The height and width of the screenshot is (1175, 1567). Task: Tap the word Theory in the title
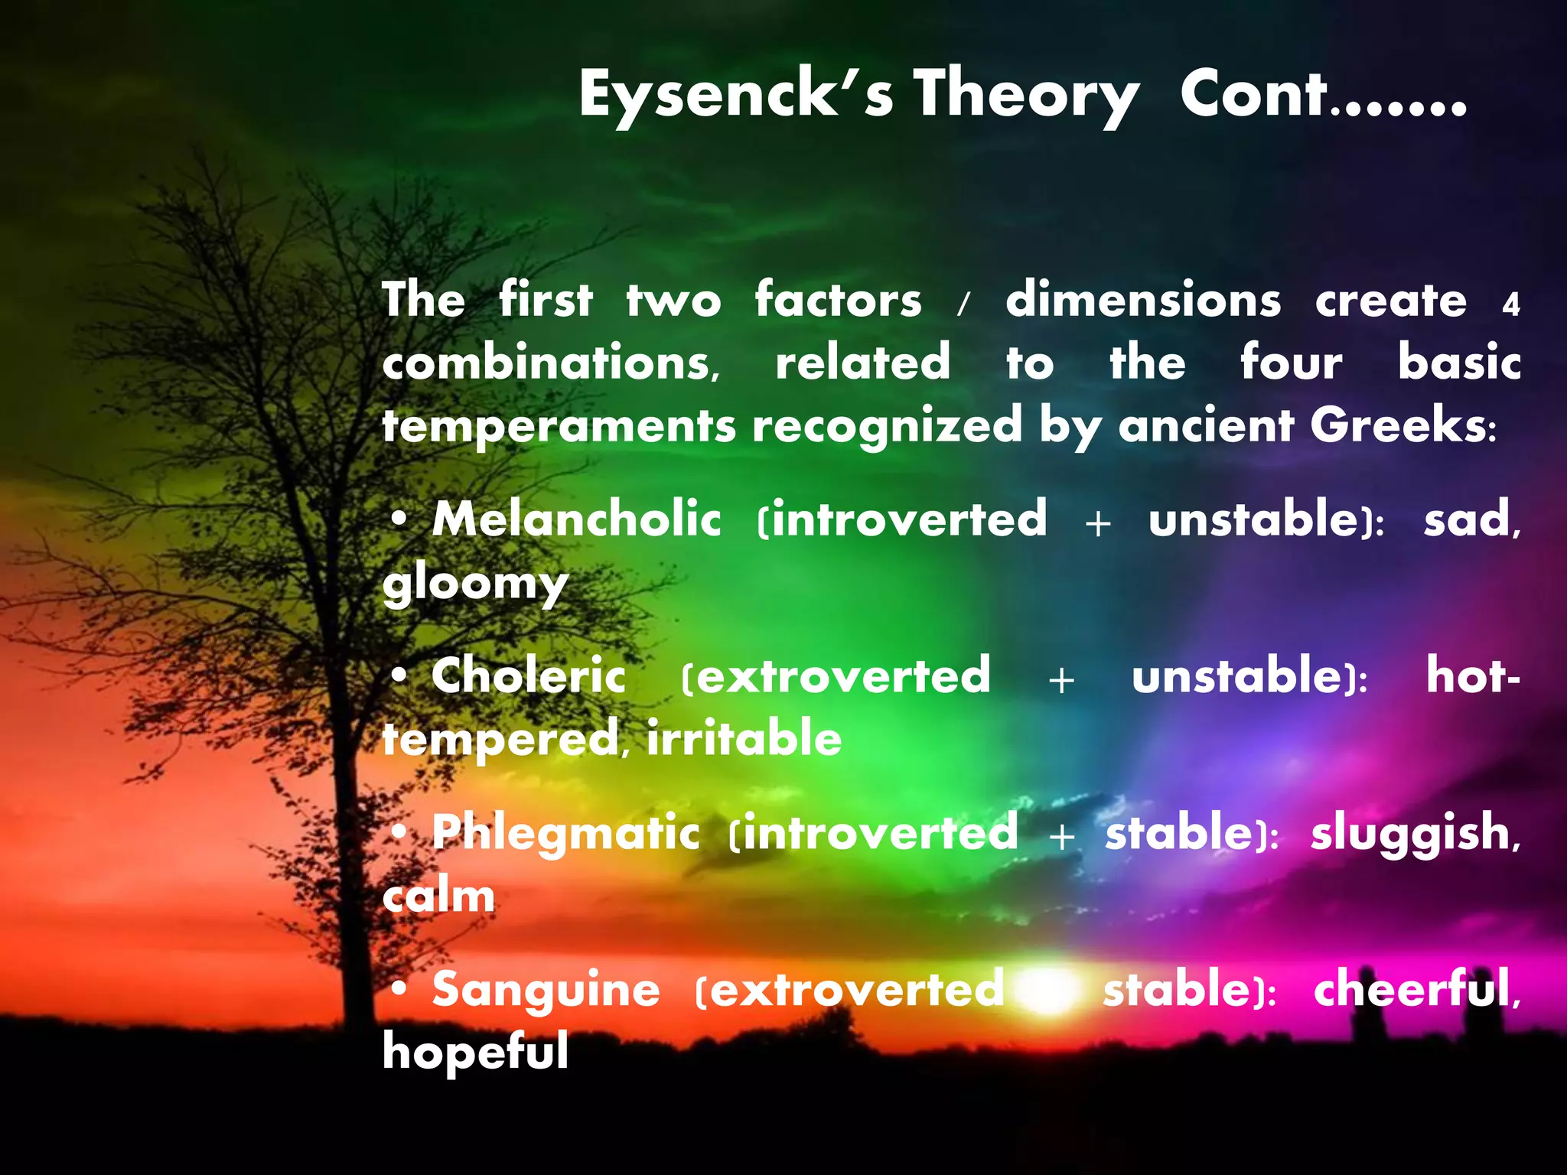[1025, 95]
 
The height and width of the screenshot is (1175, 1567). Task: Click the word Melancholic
[576, 520]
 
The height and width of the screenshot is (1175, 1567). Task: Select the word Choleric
[528, 677]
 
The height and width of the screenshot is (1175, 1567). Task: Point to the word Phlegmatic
[565, 834]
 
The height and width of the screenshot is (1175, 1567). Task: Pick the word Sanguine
[546, 990]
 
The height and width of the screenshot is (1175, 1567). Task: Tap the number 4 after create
[1510, 305]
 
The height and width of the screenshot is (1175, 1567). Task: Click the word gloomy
[475, 585]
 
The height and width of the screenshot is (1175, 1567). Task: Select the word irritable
[744, 740]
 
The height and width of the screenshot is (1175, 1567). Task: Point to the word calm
[438, 897]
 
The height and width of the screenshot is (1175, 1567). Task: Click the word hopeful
[475, 1053]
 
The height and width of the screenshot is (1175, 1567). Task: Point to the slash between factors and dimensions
[963, 304]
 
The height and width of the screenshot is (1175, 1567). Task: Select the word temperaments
[559, 427]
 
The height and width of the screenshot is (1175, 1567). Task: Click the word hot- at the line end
[1472, 676]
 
